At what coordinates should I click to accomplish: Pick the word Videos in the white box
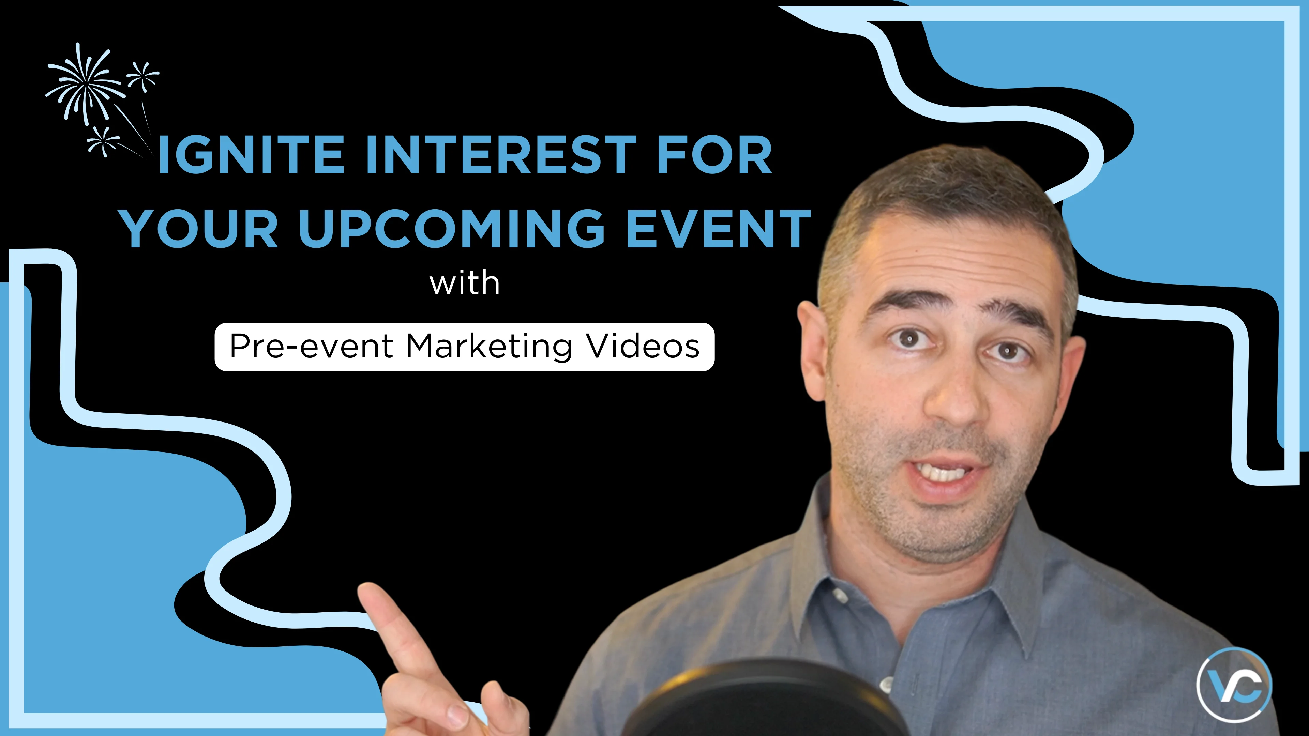pos(643,347)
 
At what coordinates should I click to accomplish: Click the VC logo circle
pos(1234,684)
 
